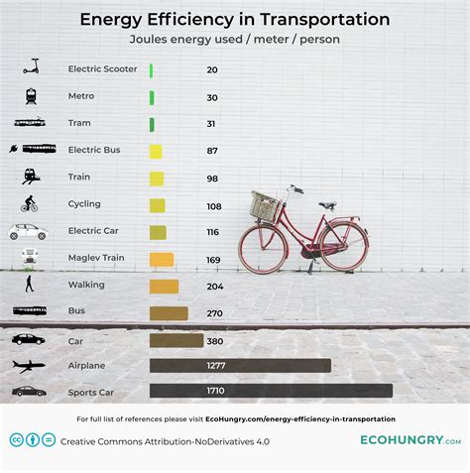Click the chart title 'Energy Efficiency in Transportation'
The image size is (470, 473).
point(234,20)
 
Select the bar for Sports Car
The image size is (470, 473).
point(271,391)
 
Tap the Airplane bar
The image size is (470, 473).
point(240,365)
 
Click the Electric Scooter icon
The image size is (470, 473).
point(30,68)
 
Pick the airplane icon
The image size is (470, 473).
point(29,365)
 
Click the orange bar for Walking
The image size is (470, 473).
point(164,286)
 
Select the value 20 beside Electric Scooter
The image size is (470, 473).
point(212,70)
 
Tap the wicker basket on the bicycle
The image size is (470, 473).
point(264,206)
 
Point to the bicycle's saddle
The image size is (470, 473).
point(327,205)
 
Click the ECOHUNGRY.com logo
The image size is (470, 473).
point(410,439)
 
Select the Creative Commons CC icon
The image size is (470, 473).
point(17,440)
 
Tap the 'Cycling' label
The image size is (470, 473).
point(84,205)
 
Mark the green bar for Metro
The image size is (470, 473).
point(152,97)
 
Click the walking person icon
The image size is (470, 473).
point(29,285)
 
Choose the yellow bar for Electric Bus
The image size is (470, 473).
point(156,152)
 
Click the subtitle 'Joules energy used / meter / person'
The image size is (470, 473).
point(234,41)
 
